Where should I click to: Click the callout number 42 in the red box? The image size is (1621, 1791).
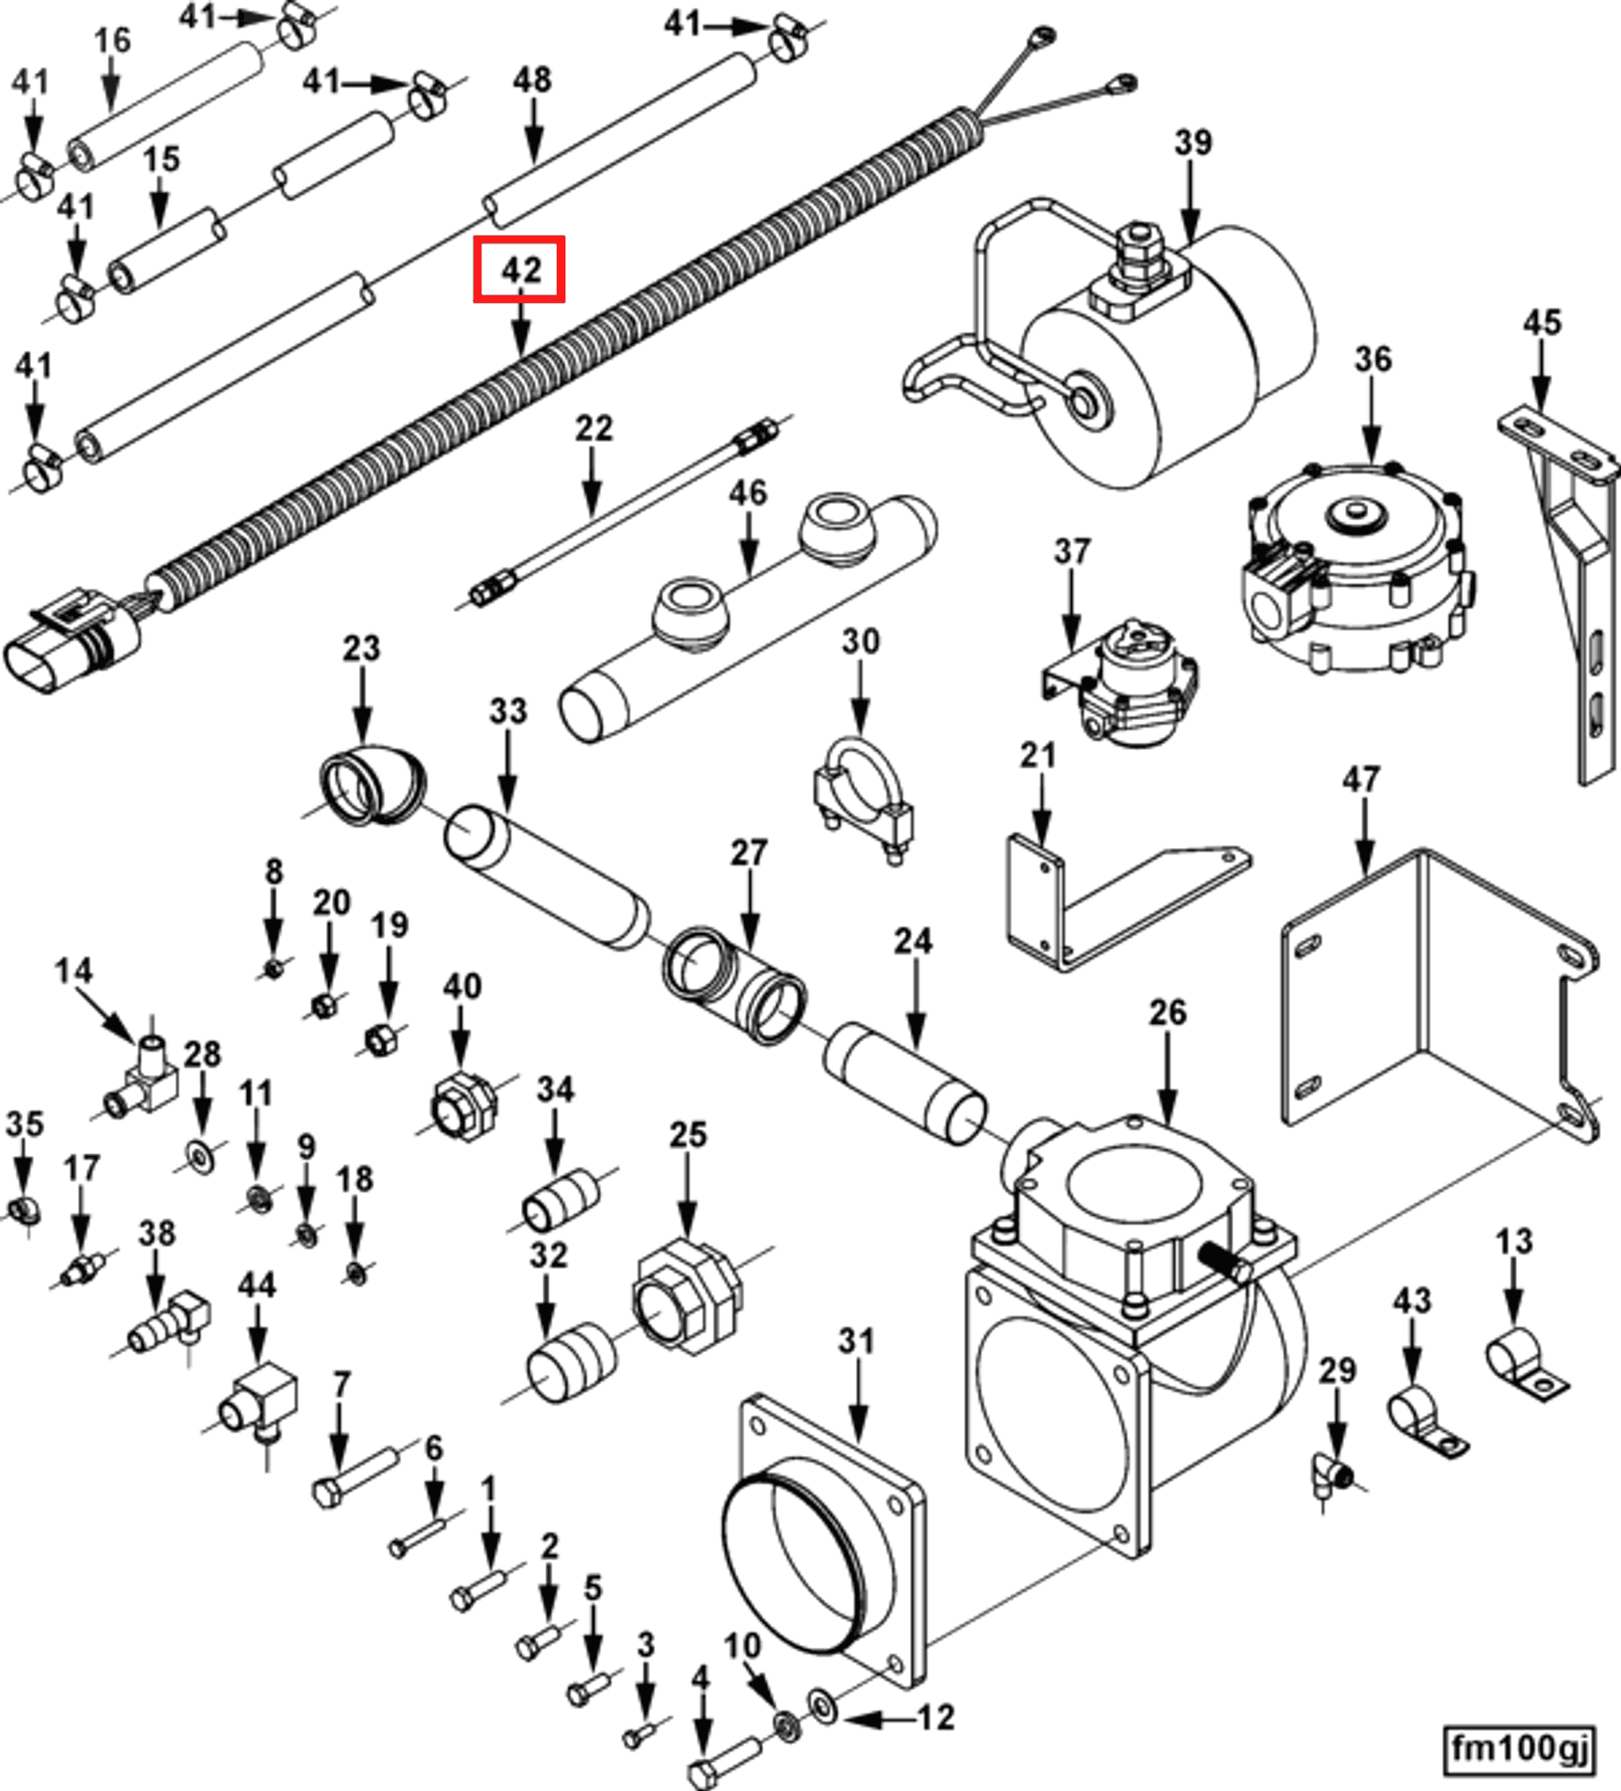point(519,269)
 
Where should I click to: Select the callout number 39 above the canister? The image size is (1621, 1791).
point(1193,143)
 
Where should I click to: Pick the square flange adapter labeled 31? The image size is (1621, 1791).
point(820,1544)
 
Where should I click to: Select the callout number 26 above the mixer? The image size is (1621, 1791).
point(1167,1012)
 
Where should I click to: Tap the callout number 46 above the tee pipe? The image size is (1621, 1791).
point(748,493)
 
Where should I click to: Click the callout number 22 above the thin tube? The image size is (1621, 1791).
point(593,428)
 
